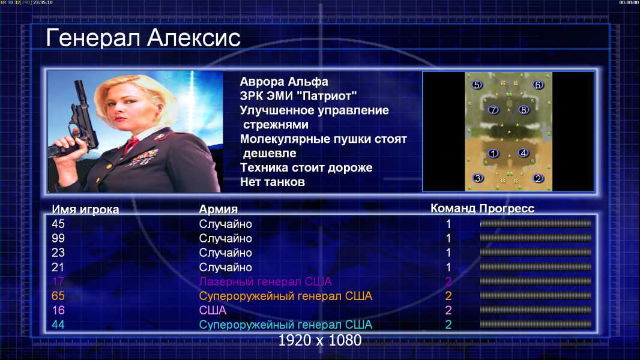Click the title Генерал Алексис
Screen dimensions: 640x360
point(143,38)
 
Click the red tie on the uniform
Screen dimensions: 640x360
point(131,145)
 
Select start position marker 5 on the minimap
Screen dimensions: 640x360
point(477,85)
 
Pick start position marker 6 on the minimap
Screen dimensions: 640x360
point(537,85)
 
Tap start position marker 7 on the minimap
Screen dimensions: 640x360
point(494,110)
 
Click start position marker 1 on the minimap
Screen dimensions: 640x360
point(494,154)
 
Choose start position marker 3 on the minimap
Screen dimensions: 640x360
point(477,178)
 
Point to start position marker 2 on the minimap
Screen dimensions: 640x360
point(539,178)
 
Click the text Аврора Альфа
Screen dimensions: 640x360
point(284,82)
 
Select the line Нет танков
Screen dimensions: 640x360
point(272,182)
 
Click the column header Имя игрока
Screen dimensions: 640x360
point(85,209)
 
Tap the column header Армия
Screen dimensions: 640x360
point(219,209)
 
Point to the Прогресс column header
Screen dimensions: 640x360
point(507,208)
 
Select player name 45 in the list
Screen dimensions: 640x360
point(58,224)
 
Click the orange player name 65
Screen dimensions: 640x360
point(58,296)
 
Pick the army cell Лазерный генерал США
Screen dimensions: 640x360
point(265,281)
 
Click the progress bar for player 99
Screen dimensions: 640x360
point(536,238)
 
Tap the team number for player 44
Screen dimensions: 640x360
point(448,325)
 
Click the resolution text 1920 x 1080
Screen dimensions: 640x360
point(320,340)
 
